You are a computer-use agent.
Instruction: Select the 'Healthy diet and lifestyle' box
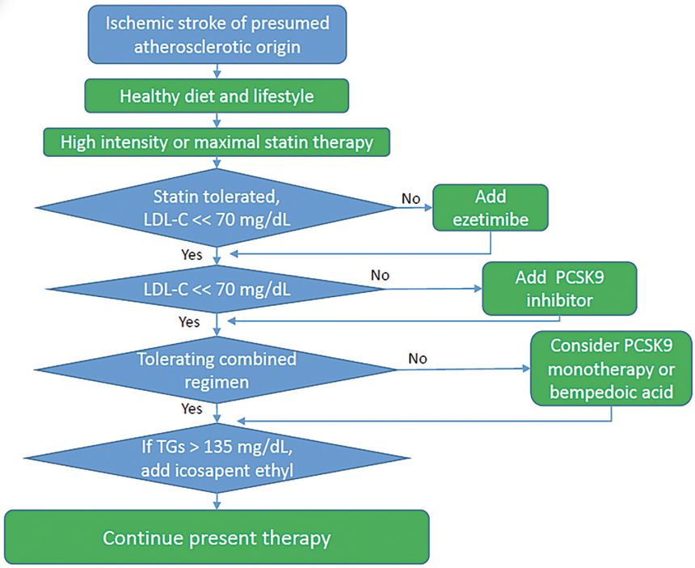[x=216, y=96]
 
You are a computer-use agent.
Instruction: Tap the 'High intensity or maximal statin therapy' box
[x=216, y=142]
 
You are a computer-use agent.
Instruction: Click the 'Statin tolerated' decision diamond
[x=216, y=207]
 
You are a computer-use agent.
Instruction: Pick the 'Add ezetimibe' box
[x=490, y=207]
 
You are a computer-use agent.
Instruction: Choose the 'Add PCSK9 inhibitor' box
[x=558, y=287]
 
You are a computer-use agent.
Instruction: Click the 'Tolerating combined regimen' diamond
[x=216, y=370]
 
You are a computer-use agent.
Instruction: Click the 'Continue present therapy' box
[x=216, y=536]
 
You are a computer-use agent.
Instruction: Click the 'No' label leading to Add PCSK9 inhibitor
[x=380, y=275]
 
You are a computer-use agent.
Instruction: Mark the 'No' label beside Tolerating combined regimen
[x=417, y=358]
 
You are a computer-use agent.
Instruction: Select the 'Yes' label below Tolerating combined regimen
[x=192, y=409]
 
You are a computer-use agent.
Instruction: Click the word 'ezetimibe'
[x=491, y=218]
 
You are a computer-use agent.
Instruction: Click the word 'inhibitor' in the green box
[x=558, y=299]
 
